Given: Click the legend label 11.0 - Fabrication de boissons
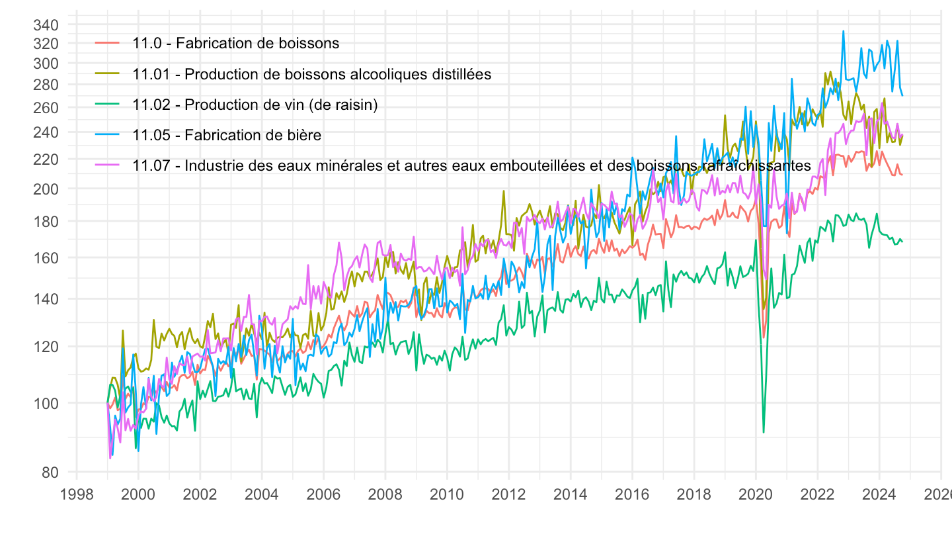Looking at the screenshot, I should point(235,44).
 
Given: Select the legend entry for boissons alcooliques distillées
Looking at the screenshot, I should point(311,74).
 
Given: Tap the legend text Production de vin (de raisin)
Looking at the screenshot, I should point(255,105).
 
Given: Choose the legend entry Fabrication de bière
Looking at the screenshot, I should point(227,135).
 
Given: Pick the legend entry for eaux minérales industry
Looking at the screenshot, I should point(471,166).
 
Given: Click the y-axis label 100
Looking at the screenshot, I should point(51,403).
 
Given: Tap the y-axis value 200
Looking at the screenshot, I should point(51,189).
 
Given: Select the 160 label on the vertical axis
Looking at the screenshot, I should point(51,257).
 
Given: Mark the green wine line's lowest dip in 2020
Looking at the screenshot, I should point(764,432).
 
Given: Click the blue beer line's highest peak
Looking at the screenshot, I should point(843,31).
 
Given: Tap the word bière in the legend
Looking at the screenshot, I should point(305,135).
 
